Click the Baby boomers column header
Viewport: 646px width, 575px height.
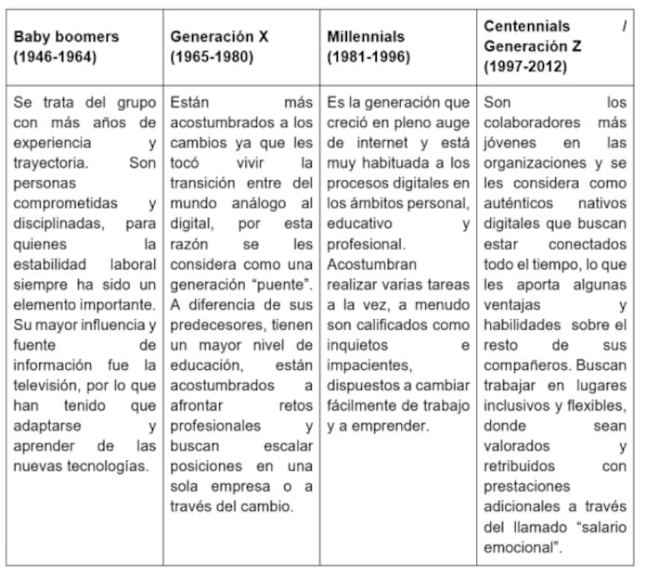(x=66, y=36)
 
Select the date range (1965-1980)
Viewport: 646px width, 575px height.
(x=213, y=56)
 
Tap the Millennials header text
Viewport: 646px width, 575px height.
(x=366, y=36)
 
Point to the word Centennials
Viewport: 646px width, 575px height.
(x=527, y=26)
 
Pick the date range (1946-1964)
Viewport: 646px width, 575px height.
(x=56, y=56)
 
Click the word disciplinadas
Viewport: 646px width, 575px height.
(x=58, y=224)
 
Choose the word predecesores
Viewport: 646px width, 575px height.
(x=214, y=325)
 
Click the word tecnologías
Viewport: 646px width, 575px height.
(x=109, y=466)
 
